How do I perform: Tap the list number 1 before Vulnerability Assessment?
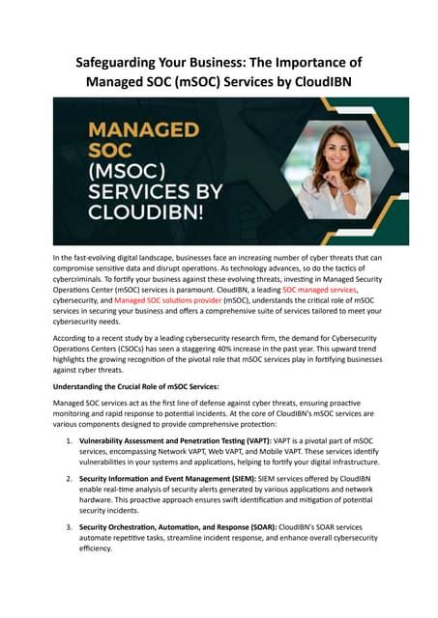pyautogui.click(x=68, y=439)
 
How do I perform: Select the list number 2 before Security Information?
pyautogui.click(x=68, y=477)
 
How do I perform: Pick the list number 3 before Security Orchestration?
pyautogui.click(x=68, y=526)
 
